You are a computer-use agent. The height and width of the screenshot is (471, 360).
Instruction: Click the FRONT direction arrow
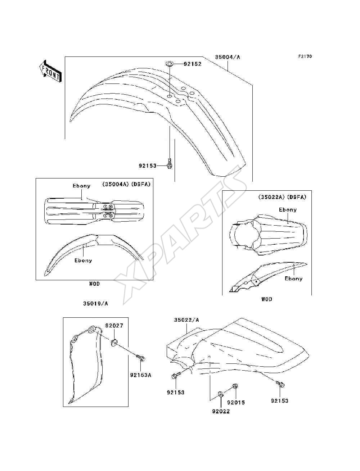(x=50, y=71)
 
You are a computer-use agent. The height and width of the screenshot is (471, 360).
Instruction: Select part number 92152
(x=193, y=64)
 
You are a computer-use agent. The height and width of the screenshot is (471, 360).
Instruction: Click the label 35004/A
(x=228, y=57)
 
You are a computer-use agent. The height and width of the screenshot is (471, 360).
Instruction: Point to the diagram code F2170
(x=305, y=56)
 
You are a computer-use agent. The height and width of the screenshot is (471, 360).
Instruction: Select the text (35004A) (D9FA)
(x=126, y=184)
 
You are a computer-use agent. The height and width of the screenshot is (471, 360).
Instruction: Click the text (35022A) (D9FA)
(x=282, y=197)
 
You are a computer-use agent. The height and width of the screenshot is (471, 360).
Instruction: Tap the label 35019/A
(x=95, y=303)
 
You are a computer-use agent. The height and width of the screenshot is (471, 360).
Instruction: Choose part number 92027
(x=114, y=326)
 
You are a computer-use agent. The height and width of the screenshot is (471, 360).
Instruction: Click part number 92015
(x=236, y=402)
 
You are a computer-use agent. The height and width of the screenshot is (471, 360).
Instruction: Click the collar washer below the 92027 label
(x=114, y=342)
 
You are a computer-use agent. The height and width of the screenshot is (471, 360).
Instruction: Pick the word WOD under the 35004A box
(x=94, y=284)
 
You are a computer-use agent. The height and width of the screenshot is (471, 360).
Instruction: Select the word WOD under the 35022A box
(x=267, y=299)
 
